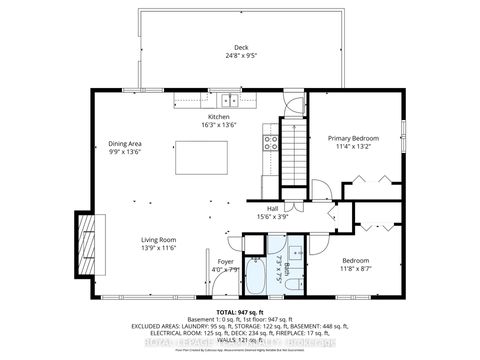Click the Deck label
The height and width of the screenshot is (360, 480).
tap(240, 48)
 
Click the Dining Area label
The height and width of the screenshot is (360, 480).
tap(126, 144)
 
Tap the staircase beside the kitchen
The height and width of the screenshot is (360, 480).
tap(290, 157)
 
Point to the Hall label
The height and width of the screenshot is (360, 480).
tap(272, 209)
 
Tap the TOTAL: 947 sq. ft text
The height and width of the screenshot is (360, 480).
tap(240, 312)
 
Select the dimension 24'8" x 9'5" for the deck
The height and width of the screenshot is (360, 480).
tap(240, 56)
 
